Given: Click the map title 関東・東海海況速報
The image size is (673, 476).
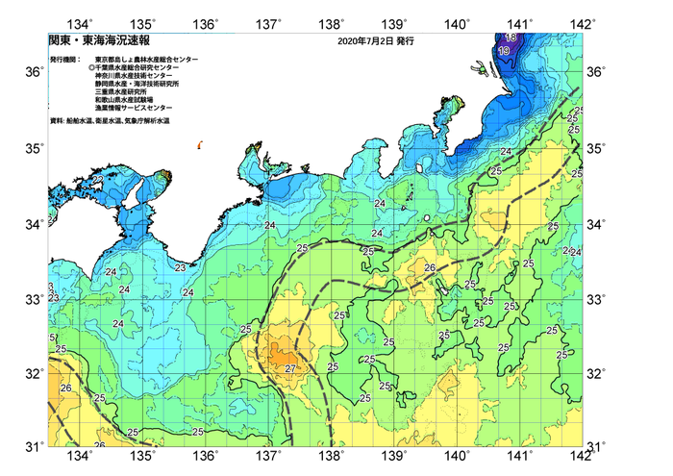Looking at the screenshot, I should [87, 42].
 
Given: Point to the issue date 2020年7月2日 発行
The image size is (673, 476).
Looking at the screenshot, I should [377, 43].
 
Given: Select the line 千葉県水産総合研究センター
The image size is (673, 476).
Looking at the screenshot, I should [144, 68].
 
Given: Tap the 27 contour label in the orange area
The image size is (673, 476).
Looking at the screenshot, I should [291, 368].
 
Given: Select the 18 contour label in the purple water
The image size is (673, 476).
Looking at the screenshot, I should [511, 37].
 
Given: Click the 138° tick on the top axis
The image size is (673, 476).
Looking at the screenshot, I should [332, 22].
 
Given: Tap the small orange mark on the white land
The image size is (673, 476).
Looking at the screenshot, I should [198, 145].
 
